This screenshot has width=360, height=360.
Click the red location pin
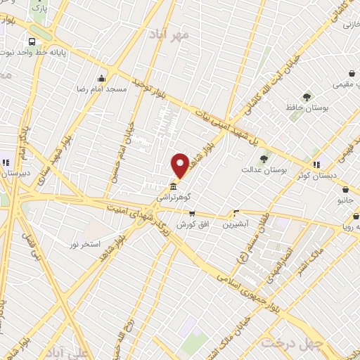(180, 165)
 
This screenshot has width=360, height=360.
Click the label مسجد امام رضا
(103, 89)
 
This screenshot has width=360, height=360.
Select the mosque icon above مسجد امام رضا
(103, 78)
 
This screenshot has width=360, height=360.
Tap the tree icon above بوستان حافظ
(307, 96)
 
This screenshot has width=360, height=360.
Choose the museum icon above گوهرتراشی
(173, 187)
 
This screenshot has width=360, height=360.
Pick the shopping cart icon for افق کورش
(191, 214)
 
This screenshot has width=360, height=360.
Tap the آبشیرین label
(236, 224)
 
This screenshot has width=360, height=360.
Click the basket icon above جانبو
(345, 189)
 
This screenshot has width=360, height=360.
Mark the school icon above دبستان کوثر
(316, 165)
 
